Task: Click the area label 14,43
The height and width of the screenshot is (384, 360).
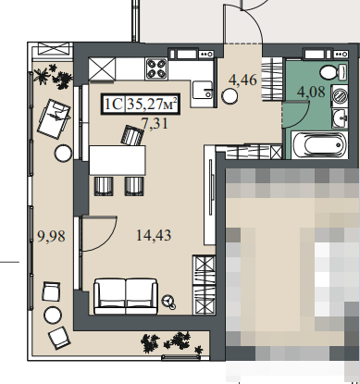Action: [x=154, y=236]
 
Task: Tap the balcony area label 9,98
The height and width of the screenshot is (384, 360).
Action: [x=51, y=237]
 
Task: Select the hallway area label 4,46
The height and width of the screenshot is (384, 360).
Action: [x=242, y=80]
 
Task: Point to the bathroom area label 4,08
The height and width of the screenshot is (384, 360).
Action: [x=311, y=92]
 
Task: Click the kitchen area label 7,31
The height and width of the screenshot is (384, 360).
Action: [x=155, y=124]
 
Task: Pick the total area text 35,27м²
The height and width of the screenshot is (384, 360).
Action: [x=153, y=104]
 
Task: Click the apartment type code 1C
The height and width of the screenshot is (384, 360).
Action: [x=114, y=104]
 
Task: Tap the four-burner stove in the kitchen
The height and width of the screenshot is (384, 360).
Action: [x=156, y=68]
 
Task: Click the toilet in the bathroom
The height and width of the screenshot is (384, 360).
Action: [x=333, y=72]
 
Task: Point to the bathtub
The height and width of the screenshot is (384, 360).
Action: [x=319, y=145]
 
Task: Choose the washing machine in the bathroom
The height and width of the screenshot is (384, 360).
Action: [x=340, y=95]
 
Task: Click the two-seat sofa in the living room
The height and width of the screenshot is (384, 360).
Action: [x=126, y=296]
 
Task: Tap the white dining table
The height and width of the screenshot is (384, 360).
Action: [x=118, y=160]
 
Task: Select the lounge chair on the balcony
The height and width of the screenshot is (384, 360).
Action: [x=54, y=118]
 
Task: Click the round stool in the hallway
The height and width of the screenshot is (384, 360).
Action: [x=230, y=96]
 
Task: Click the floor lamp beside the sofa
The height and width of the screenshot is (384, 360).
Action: [x=169, y=302]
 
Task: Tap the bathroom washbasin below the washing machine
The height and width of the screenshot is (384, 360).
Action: [x=340, y=118]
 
